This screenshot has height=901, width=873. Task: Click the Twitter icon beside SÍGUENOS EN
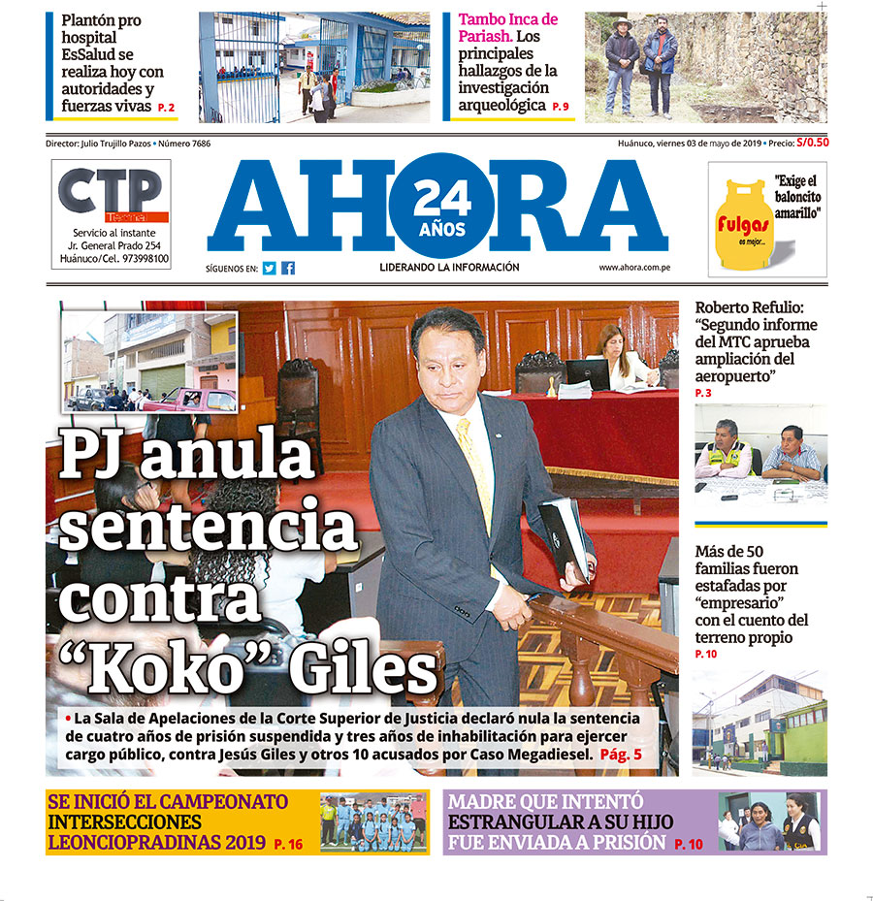tap(269, 268)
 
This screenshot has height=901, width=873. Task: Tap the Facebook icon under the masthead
tap(288, 268)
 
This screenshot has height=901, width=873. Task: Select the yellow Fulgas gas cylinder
tap(743, 224)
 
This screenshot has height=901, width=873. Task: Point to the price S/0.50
tap(812, 143)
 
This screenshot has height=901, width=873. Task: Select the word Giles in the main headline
tap(370, 668)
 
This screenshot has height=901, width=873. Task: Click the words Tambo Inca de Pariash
tap(507, 27)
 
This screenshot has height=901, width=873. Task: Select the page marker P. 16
tap(288, 845)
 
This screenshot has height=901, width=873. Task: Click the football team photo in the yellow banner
tap(373, 822)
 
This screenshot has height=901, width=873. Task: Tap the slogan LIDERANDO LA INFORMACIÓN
tap(449, 268)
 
